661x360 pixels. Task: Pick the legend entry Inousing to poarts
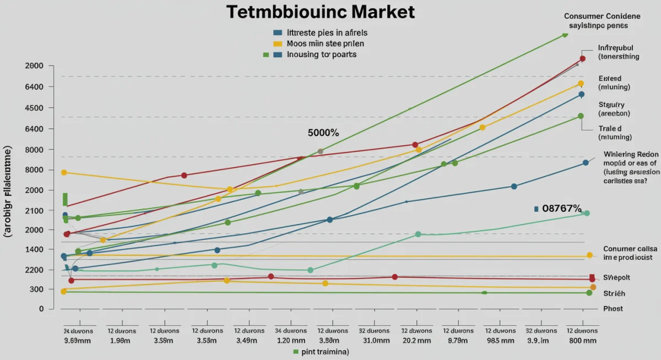322,54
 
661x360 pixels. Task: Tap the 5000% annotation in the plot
323,133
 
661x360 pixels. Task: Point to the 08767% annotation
561,209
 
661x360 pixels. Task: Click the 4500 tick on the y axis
34,108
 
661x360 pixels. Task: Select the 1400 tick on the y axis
34,249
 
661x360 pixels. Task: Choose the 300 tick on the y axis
36,289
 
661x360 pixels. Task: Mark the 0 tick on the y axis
41,309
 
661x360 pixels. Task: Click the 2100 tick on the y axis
34,210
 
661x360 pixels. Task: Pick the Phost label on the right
613,309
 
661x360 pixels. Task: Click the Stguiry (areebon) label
613,108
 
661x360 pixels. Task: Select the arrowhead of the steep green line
565,35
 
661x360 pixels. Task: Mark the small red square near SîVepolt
592,277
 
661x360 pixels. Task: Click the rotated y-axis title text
9,192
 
